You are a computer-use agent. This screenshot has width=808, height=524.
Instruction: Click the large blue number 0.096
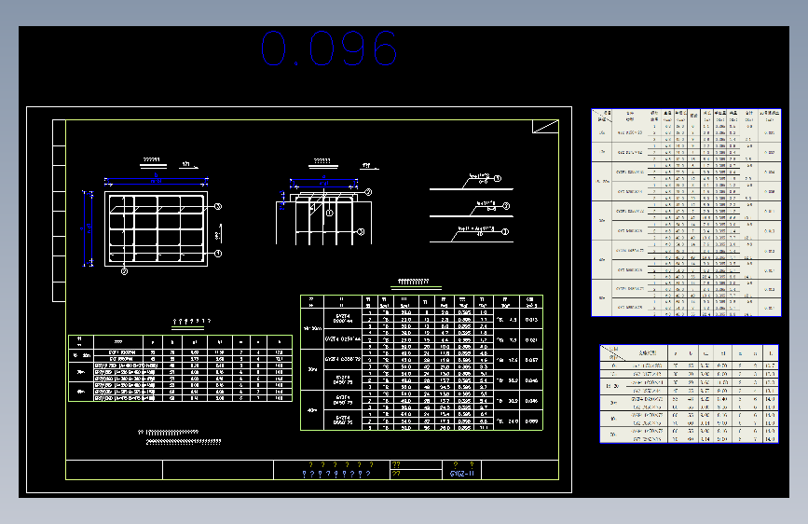tap(329, 48)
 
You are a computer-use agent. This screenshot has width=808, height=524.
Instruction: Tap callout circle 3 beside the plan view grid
tap(217, 207)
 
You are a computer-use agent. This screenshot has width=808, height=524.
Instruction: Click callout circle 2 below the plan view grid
tap(123, 271)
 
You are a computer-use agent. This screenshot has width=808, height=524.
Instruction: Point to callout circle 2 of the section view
tap(368, 192)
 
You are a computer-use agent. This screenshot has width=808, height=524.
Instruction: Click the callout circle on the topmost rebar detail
tap(498, 178)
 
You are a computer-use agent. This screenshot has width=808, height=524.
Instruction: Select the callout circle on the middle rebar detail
tap(505, 206)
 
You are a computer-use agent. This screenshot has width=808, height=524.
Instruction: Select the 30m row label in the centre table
tap(311, 368)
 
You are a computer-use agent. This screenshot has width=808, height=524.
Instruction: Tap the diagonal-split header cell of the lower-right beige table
tap(610, 352)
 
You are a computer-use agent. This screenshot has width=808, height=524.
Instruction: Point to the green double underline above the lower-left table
tap(188, 328)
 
